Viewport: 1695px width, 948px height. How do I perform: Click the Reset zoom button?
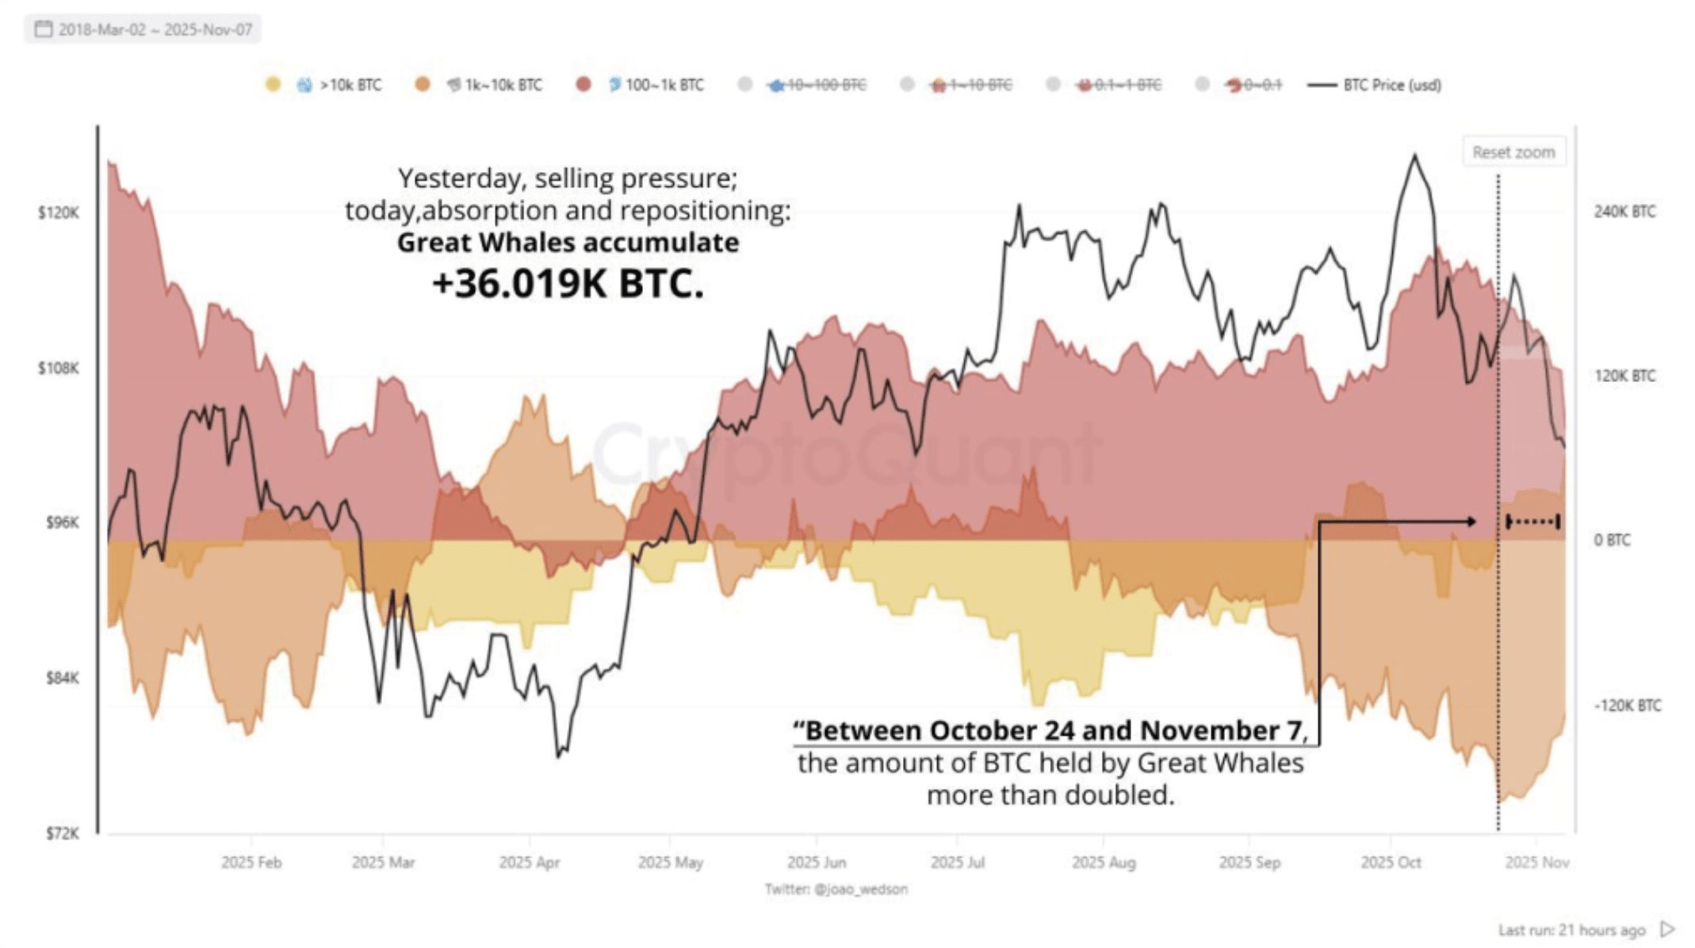point(1513,152)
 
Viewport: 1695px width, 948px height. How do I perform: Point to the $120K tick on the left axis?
point(59,212)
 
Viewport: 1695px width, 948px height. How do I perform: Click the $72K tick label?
point(62,833)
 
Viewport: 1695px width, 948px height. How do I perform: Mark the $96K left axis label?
point(62,522)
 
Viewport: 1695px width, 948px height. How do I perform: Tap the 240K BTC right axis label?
point(1624,212)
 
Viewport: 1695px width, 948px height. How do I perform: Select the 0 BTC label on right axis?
point(1612,540)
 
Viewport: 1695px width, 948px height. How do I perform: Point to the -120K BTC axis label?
point(1627,705)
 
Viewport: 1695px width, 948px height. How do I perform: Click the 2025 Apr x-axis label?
point(529,862)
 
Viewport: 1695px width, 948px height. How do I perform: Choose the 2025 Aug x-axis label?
point(1103,862)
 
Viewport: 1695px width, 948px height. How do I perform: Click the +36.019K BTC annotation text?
point(568,284)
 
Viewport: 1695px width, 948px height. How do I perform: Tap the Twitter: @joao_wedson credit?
point(836,889)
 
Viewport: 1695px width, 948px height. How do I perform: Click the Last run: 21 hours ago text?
point(1571,930)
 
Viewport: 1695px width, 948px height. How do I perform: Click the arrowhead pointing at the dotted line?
point(1471,522)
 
